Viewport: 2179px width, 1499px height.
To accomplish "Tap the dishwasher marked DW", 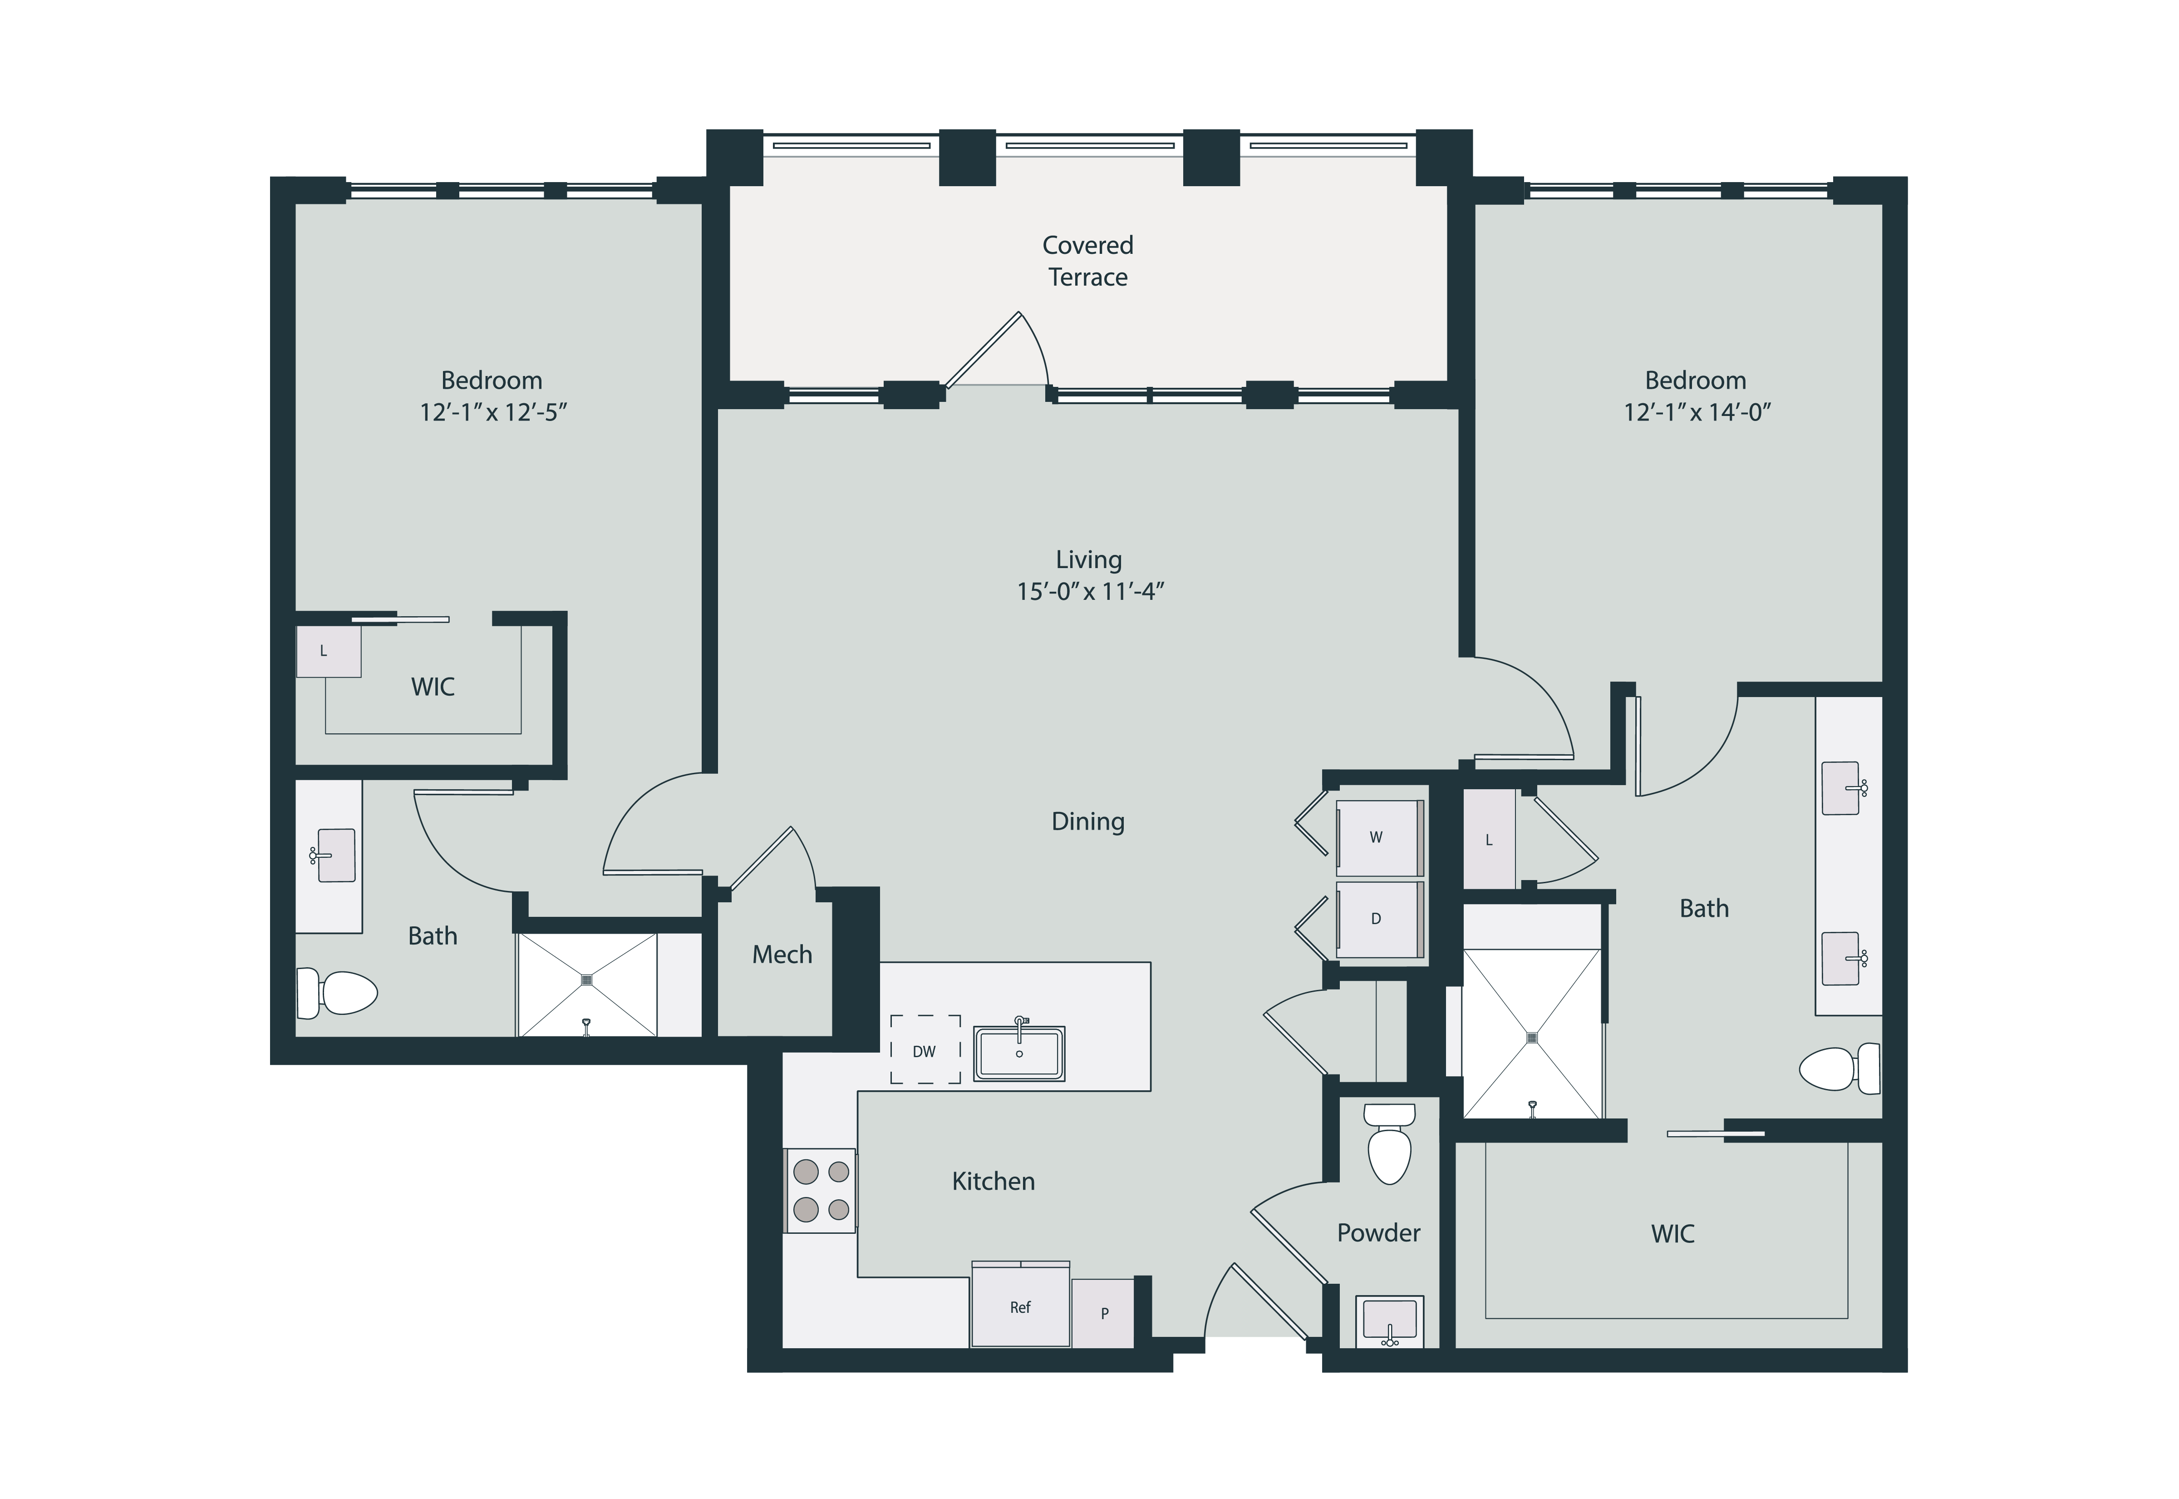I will click(925, 1050).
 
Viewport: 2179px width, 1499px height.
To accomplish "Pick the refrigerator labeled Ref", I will click(1020, 1306).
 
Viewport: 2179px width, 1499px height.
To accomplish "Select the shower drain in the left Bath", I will click(587, 980).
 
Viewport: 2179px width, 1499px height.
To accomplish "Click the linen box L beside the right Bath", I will click(1489, 840).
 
